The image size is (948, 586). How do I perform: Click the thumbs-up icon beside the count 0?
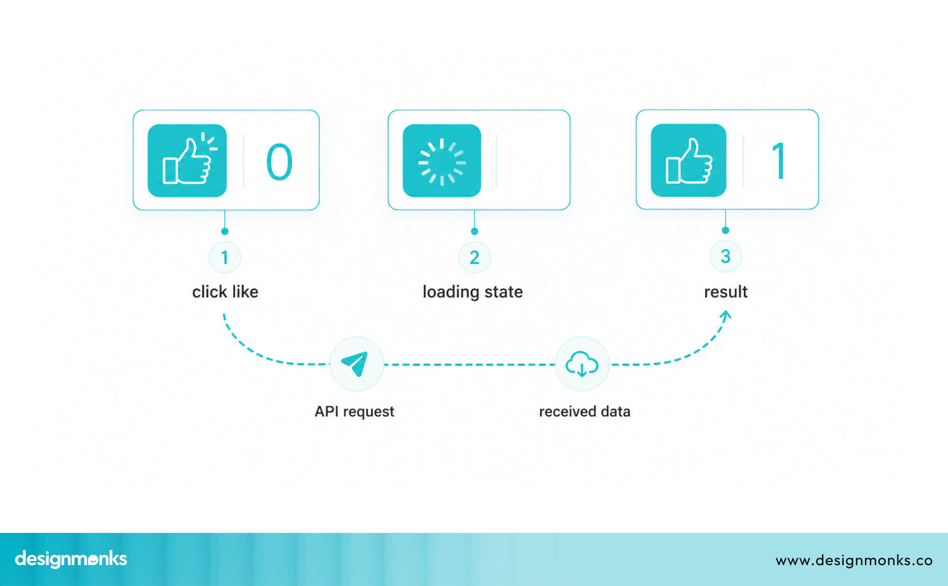(187, 160)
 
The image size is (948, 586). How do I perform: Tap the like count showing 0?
(279, 162)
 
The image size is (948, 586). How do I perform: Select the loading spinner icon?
(442, 161)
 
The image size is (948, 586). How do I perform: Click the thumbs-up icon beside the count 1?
(688, 160)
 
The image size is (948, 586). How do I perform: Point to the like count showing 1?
(779, 161)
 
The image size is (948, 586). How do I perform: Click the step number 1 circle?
(225, 257)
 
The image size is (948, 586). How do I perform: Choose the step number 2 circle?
(474, 257)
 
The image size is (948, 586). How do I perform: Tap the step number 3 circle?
(725, 256)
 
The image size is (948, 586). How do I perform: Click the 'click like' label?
(225, 292)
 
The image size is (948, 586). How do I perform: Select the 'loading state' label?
(473, 292)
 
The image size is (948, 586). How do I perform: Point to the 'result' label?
(726, 292)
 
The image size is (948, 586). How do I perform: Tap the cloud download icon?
(582, 364)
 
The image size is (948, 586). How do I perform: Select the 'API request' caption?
(355, 412)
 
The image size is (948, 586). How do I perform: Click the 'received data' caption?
(584, 412)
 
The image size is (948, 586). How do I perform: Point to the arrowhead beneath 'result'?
(726, 314)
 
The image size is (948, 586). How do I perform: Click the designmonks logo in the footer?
(71, 559)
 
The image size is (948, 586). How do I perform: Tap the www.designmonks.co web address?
(854, 560)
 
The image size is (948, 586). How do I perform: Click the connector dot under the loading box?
(474, 231)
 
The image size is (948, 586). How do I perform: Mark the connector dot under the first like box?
(225, 231)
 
